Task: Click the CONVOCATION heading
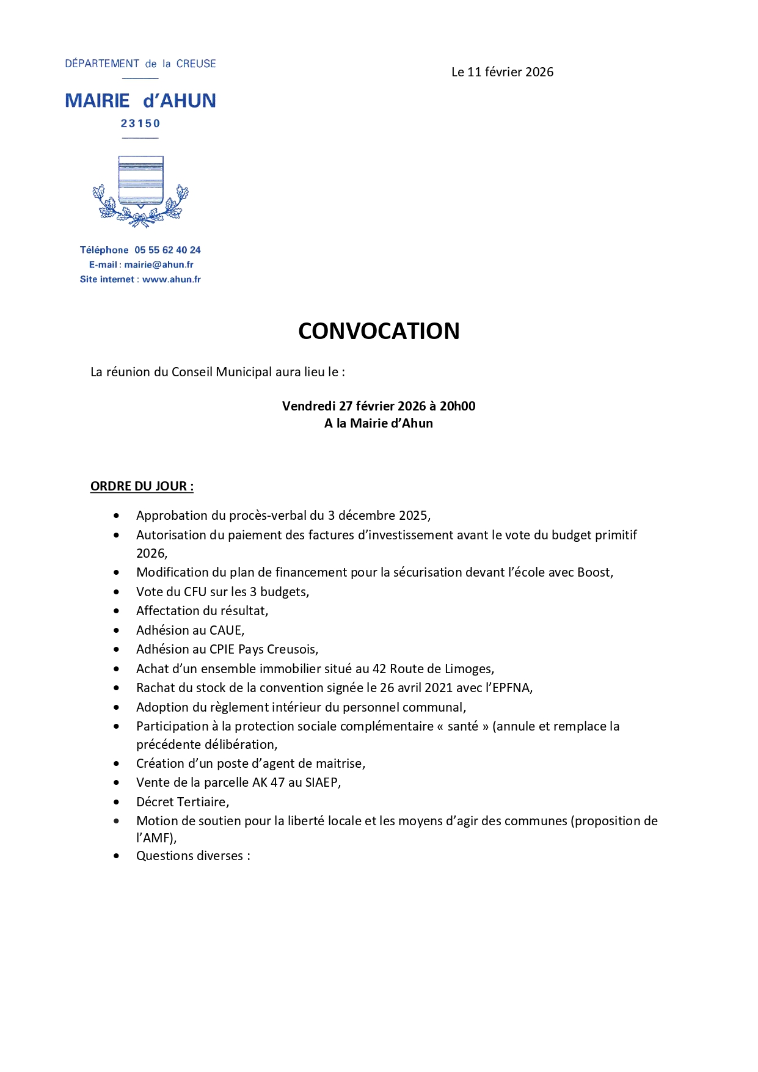coord(379,331)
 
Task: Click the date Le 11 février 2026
coord(502,72)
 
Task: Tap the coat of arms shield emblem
coord(140,181)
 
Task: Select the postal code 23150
coord(140,123)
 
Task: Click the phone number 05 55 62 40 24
coord(167,250)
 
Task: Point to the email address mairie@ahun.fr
coord(159,264)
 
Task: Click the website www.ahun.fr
coord(171,279)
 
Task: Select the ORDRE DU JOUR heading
coord(142,486)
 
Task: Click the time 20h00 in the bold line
coord(457,406)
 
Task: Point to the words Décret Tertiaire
coord(182,802)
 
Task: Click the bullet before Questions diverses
coord(117,856)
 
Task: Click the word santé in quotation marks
coord(462,726)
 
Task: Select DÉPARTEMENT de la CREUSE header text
coord(140,64)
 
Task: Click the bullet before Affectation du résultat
coord(117,611)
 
